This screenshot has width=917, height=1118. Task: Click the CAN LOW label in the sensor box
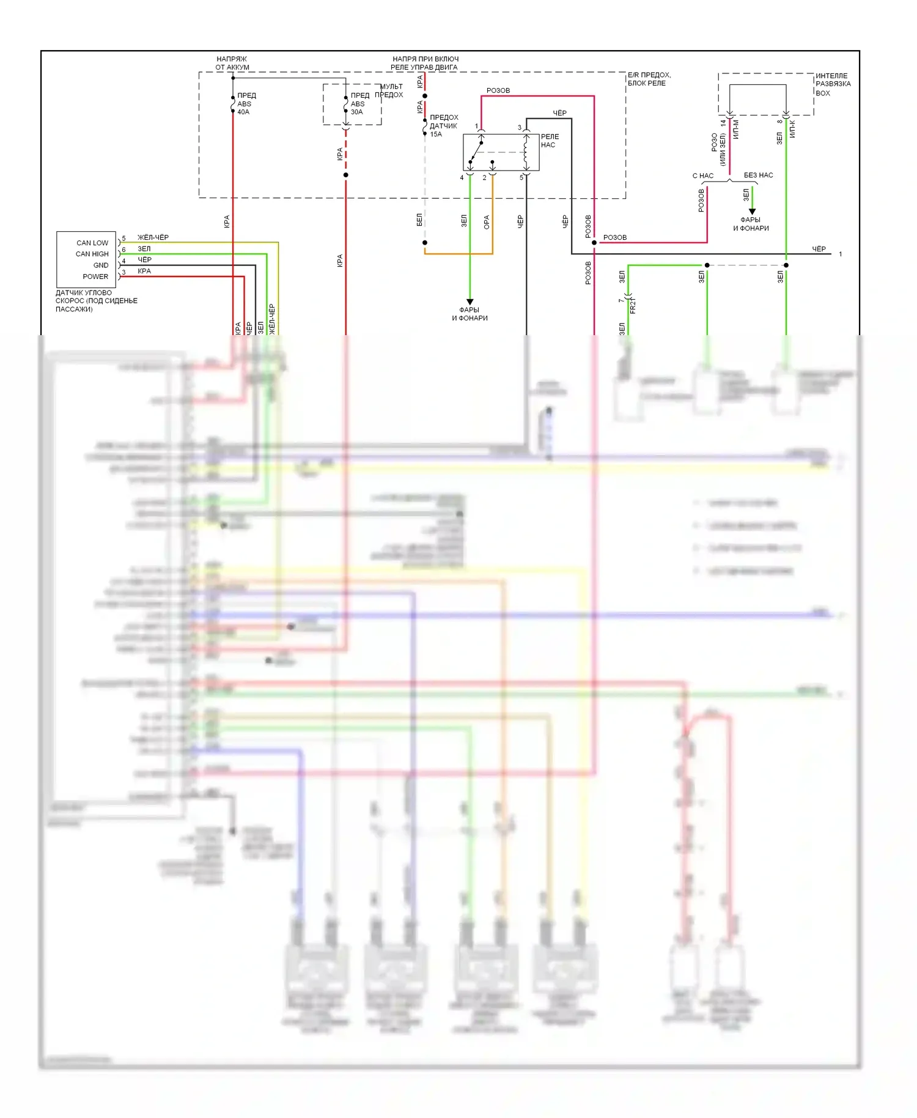(x=92, y=243)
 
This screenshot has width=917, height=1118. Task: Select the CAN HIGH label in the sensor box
(x=92, y=254)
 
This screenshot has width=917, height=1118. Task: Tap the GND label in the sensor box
(x=101, y=265)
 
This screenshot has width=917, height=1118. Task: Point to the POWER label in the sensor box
(x=95, y=276)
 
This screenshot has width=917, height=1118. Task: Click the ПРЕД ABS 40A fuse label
(x=246, y=104)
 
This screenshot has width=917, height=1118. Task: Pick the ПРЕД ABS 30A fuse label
(x=359, y=104)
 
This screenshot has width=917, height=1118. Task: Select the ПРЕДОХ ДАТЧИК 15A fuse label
(x=443, y=126)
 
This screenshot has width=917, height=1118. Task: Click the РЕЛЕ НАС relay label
(x=550, y=141)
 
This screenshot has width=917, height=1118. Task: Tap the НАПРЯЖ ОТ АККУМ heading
(x=232, y=63)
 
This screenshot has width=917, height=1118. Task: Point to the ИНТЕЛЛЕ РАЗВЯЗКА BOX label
(x=833, y=84)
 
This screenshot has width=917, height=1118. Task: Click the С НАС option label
(x=703, y=176)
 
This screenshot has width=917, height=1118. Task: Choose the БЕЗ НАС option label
(x=758, y=176)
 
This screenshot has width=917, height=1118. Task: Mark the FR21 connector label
(x=633, y=306)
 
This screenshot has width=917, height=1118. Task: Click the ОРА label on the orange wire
(x=487, y=222)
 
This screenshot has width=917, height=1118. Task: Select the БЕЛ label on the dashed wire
(x=419, y=220)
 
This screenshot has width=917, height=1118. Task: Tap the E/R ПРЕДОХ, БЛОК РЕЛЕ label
(x=649, y=79)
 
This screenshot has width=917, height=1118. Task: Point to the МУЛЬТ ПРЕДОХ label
(x=389, y=91)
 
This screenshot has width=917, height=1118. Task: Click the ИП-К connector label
(x=792, y=129)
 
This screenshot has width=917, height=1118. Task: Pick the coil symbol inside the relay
(x=526, y=153)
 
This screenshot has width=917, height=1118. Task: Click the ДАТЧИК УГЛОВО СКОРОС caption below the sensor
(x=96, y=301)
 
